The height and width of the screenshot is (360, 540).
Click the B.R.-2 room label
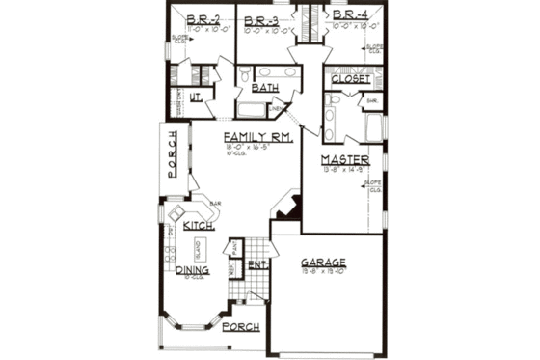click(x=204, y=18)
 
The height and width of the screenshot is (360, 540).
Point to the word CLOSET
click(x=351, y=79)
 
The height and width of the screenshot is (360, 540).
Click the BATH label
click(x=264, y=88)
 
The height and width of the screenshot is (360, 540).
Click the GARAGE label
click(x=322, y=263)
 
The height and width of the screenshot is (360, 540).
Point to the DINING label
click(x=193, y=270)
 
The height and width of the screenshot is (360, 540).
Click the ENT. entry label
click(x=257, y=263)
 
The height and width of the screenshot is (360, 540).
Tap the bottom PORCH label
click(x=240, y=327)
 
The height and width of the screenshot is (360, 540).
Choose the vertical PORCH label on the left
click(x=173, y=153)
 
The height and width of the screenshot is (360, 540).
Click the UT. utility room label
click(x=194, y=96)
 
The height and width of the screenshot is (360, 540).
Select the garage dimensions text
click(x=322, y=273)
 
